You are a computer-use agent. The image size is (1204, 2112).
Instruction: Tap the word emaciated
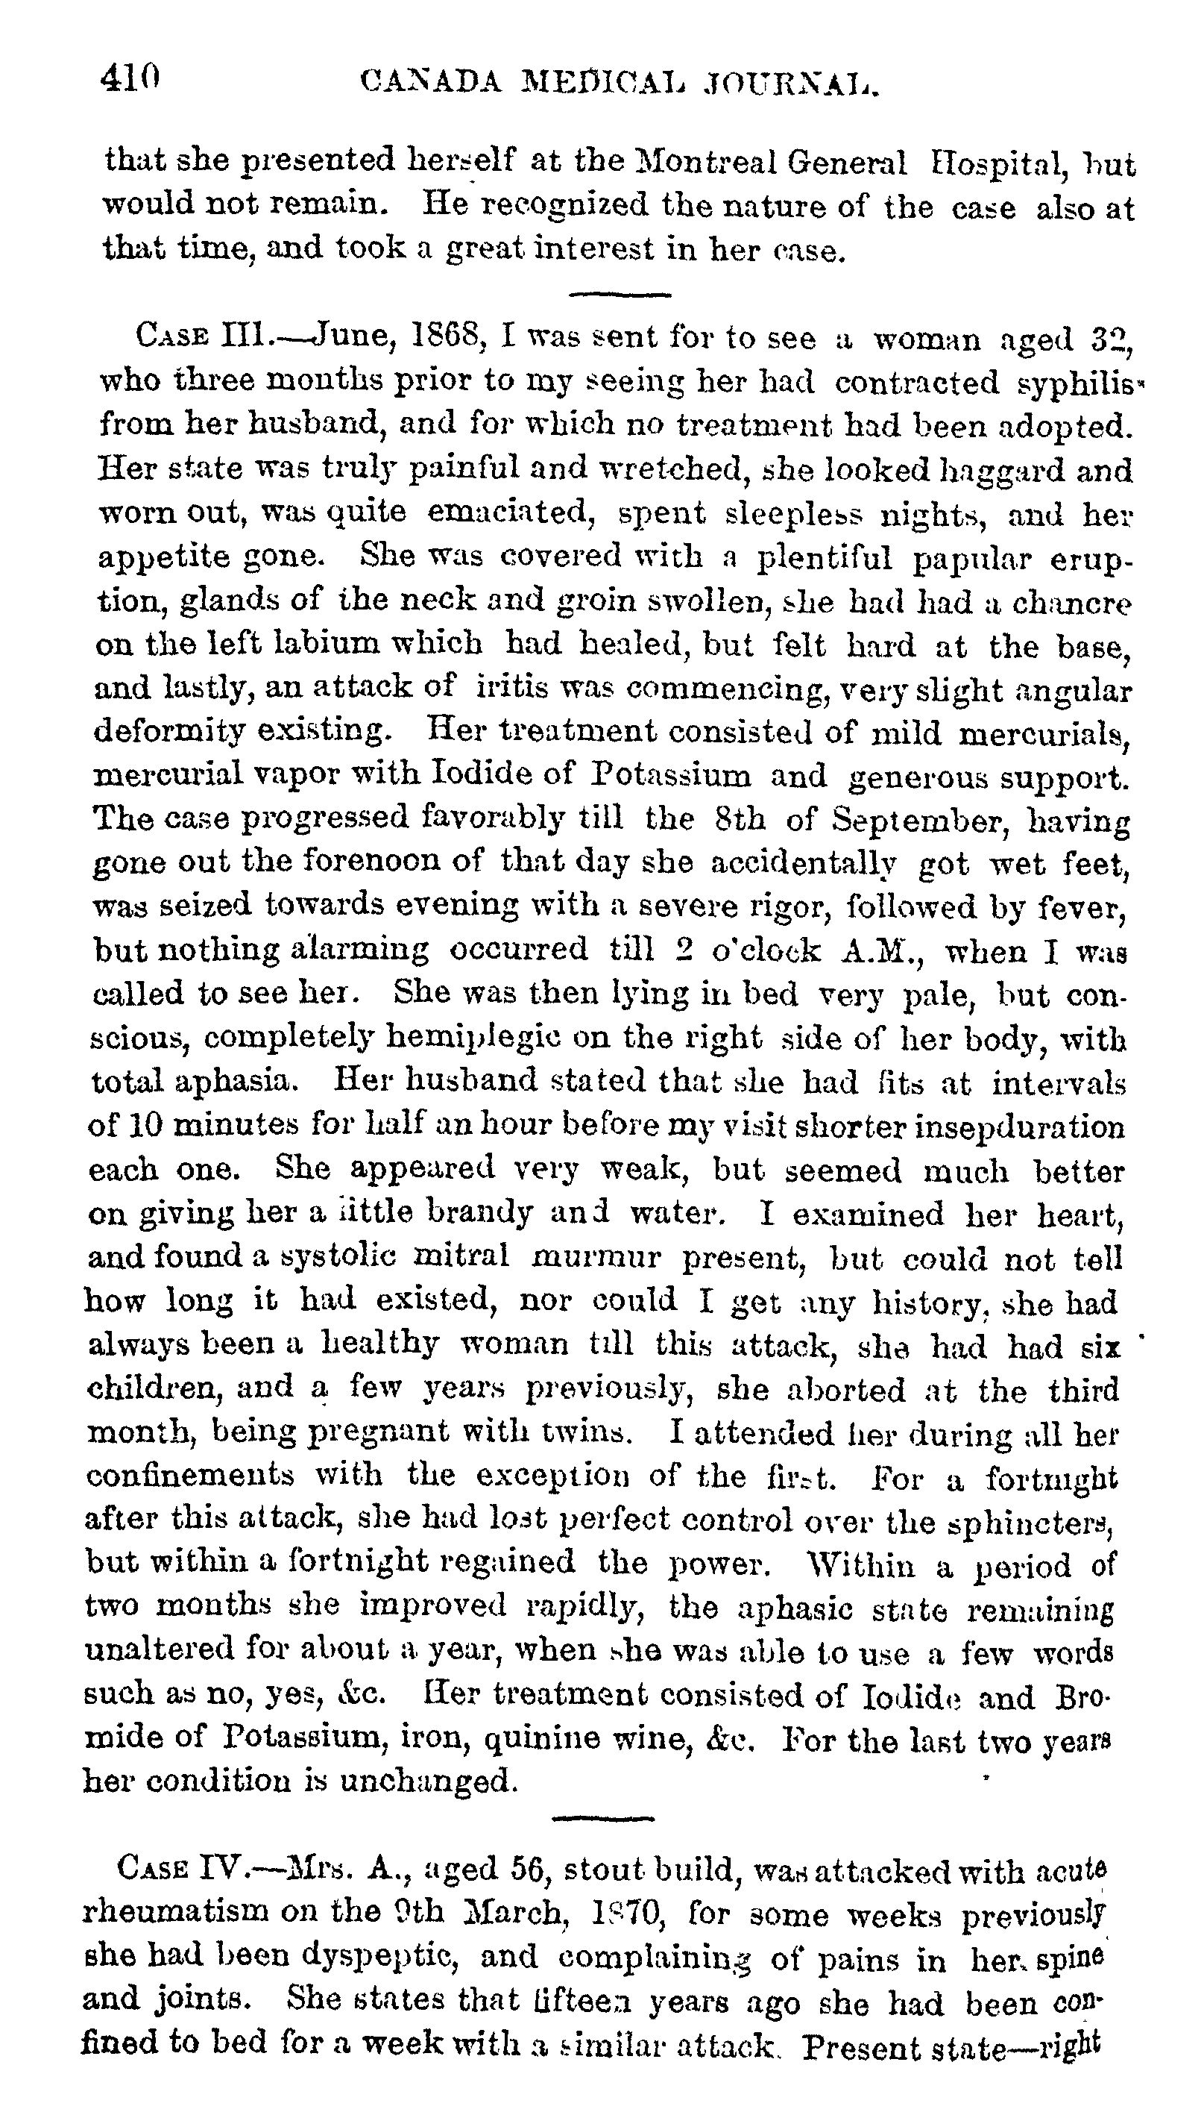tap(512, 514)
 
